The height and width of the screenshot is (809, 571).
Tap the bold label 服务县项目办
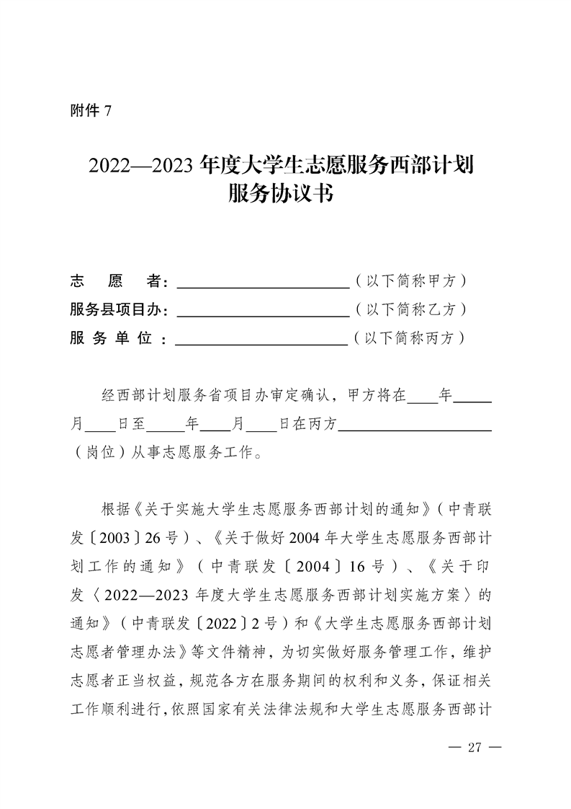coord(119,309)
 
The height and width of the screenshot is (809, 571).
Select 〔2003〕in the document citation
coord(124,539)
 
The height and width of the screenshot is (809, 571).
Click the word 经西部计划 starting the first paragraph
coord(137,396)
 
